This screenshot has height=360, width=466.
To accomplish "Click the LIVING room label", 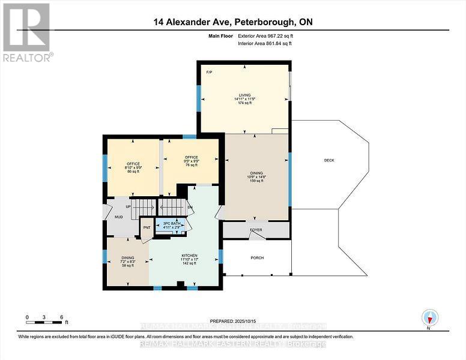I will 244,95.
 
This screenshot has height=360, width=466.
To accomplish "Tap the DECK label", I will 328,160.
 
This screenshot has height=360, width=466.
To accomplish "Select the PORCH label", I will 257,258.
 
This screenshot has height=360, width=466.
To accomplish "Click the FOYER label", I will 256,229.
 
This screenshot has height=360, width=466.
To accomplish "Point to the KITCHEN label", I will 189,256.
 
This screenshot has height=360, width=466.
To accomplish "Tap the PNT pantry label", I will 146,227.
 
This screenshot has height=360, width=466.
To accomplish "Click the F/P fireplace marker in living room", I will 209,72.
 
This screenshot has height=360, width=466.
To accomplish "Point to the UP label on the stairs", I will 128,206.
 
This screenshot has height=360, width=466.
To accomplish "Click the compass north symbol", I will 430,317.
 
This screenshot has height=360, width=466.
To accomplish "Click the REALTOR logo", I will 27,32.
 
